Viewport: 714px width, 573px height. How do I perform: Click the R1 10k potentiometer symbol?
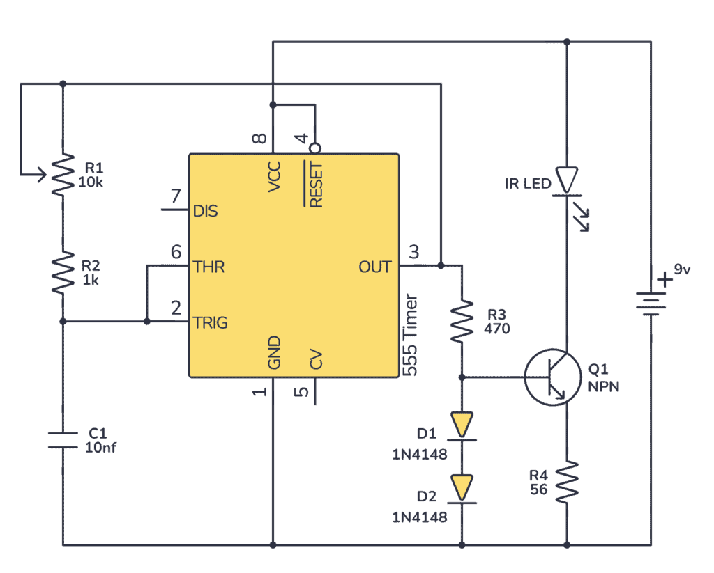63,174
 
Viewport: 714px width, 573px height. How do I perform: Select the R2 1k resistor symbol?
63,273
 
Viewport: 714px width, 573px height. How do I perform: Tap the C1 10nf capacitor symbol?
63,439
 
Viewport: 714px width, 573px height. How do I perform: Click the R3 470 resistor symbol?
462,321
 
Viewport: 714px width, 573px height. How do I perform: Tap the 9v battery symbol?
651,300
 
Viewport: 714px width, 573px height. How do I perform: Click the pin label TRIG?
210,323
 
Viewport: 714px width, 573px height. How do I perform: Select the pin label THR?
208,267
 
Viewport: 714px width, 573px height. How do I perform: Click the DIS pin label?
205,210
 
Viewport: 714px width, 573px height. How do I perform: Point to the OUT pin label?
375,267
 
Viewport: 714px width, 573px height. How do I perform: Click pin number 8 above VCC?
259,139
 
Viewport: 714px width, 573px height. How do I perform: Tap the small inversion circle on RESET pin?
316,148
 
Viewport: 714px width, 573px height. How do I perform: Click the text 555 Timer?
411,335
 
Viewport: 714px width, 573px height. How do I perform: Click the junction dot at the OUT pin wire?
441,265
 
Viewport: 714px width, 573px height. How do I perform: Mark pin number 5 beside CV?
301,391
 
